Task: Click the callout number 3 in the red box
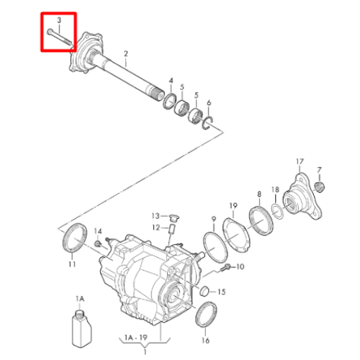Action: (x=59, y=21)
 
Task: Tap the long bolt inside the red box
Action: (x=60, y=37)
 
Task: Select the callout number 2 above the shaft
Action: (x=126, y=53)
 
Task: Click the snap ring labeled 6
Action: (x=208, y=123)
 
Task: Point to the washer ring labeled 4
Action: (x=170, y=102)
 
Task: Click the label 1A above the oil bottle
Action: (x=80, y=299)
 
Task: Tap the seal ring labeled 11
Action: (x=75, y=238)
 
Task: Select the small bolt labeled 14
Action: (x=98, y=243)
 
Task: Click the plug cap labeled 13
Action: (x=174, y=217)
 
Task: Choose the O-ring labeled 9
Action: (x=215, y=247)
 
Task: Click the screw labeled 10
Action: (x=225, y=267)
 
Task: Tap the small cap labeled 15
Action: (x=204, y=291)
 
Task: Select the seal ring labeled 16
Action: (x=206, y=314)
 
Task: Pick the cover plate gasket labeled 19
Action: (x=236, y=235)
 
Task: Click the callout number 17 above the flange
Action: (x=300, y=162)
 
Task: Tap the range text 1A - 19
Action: (x=136, y=338)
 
